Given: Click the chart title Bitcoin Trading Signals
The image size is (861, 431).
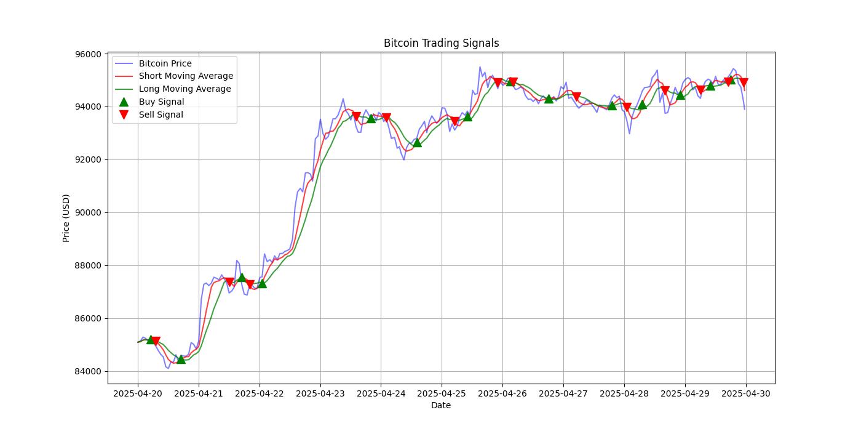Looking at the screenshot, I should [x=441, y=43].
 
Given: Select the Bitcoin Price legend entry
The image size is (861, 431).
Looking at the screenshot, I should [x=165, y=63].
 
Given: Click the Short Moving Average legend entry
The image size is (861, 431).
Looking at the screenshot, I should [x=186, y=76].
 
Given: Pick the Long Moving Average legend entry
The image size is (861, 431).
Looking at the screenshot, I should [x=184, y=89].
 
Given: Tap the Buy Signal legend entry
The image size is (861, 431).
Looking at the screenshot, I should [x=161, y=102].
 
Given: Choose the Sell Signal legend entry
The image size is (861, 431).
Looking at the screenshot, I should [x=161, y=115].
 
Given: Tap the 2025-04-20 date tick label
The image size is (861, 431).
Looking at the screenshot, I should [x=138, y=393].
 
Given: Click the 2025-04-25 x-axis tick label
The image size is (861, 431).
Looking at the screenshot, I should [x=442, y=393].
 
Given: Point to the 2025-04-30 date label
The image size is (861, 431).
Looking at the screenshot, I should [x=745, y=393].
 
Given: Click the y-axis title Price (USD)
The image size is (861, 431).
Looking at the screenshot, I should [x=66, y=218].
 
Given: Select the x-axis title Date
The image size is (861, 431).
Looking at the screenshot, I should [x=441, y=405].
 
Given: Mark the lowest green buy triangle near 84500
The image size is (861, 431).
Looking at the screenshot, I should [x=181, y=359].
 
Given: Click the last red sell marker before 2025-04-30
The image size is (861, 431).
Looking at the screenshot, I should [x=744, y=83].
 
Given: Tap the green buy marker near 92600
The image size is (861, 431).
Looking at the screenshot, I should [x=417, y=143].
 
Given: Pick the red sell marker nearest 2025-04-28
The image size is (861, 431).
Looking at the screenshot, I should [x=627, y=107].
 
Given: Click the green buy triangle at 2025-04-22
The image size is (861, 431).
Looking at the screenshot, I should [x=262, y=283].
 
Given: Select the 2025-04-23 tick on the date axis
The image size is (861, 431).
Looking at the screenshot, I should [x=320, y=393].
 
